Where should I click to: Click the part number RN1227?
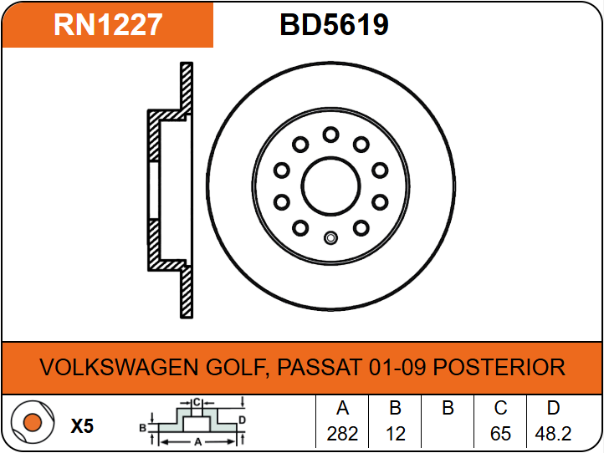[108, 24]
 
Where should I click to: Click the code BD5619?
[334, 24]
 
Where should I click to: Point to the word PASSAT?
[320, 367]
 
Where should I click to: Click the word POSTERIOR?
[499, 367]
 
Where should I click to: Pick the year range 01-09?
[397, 367]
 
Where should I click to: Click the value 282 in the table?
[342, 434]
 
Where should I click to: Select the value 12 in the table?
[395, 434]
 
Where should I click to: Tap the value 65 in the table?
[500, 434]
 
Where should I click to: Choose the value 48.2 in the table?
[553, 434]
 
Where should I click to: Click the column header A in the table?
[342, 408]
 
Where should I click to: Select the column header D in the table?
[553, 408]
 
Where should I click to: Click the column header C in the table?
[500, 408]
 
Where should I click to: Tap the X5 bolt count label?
[82, 426]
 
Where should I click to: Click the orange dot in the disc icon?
[33, 422]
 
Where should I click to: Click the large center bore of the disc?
[331, 186]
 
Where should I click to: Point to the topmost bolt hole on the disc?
[331, 135]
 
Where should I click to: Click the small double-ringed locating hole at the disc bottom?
[330, 238]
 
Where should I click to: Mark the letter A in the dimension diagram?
[198, 442]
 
